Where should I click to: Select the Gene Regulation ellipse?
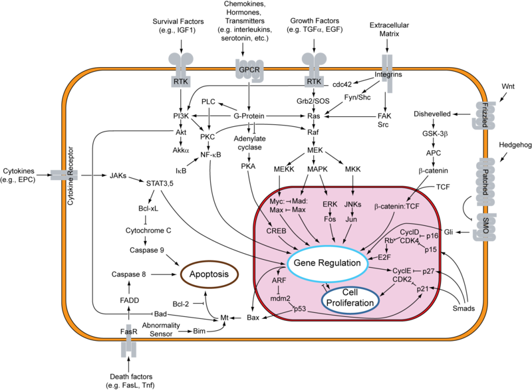(x=327, y=264)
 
